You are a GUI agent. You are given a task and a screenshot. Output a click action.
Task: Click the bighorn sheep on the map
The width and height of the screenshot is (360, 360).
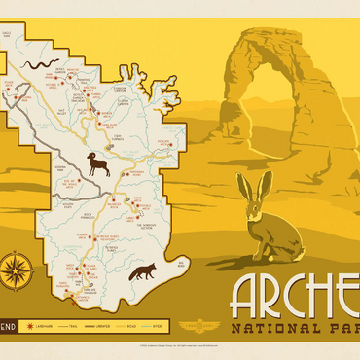[98, 163]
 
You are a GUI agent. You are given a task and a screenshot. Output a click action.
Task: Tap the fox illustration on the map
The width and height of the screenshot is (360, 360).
[142, 270]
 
